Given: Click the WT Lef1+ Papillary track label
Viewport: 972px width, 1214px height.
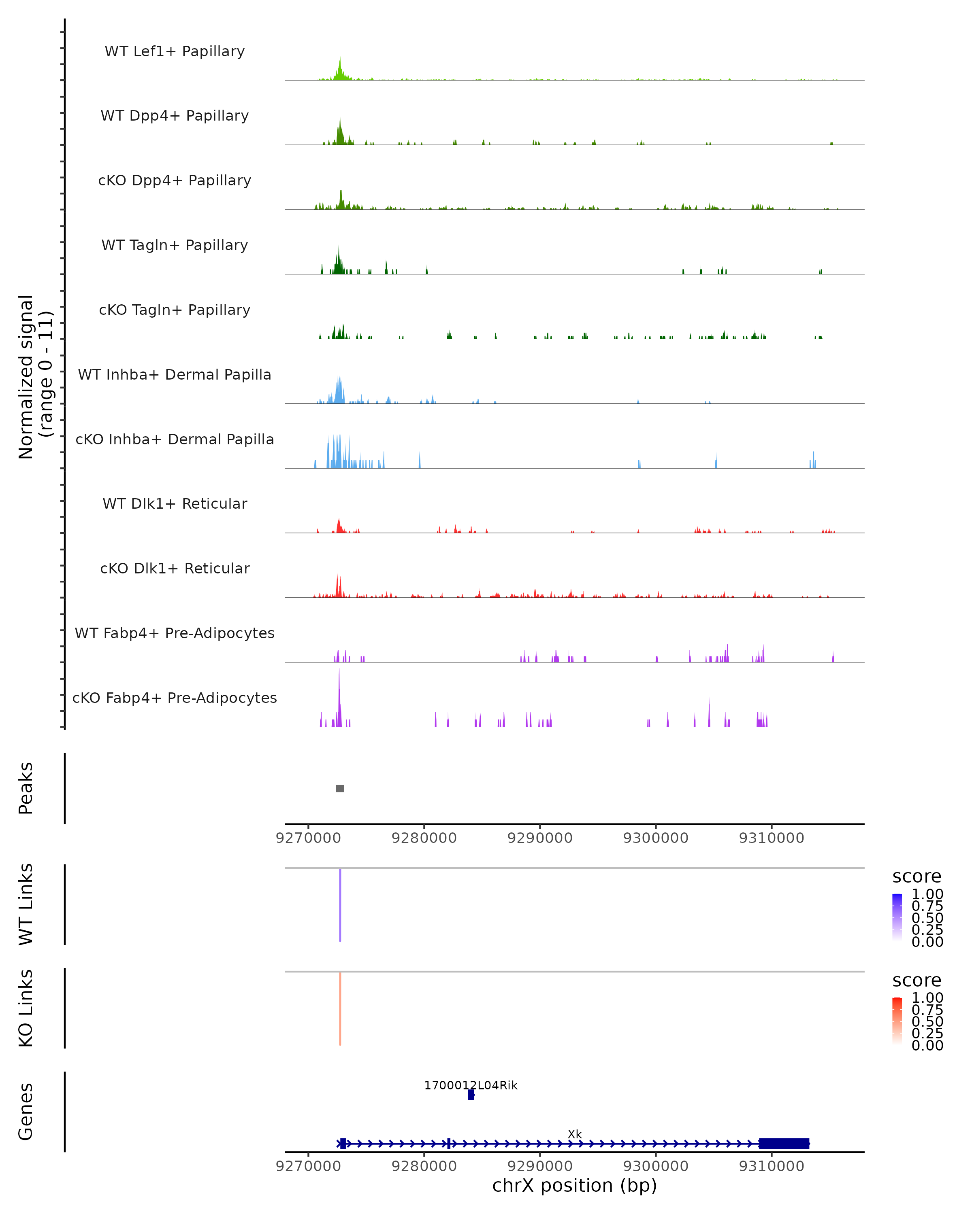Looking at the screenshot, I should [x=175, y=51].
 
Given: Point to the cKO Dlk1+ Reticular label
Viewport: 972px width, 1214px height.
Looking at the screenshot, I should [x=175, y=568].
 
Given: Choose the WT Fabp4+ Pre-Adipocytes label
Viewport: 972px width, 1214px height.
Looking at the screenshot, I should [x=175, y=633].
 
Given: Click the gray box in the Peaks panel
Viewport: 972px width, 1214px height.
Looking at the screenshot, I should [x=340, y=788].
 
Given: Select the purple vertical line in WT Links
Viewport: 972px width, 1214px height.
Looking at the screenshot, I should [x=340, y=905].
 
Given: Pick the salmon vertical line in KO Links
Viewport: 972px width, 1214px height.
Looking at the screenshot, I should [x=340, y=1008].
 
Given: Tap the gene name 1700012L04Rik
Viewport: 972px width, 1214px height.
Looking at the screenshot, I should [x=471, y=1085].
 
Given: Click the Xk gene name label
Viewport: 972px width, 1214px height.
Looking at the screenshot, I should [x=575, y=1134].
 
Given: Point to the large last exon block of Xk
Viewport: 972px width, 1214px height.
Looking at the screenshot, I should [x=784, y=1144].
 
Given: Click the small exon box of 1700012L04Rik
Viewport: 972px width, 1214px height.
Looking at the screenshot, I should [x=471, y=1095].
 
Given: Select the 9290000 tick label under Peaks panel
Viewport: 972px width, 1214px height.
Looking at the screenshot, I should [x=540, y=838].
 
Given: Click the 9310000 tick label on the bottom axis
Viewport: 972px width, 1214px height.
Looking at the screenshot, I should [x=772, y=1166].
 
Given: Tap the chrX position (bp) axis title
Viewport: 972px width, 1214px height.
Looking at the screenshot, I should [x=574, y=1185].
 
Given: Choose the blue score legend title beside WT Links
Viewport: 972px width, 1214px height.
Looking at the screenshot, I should [x=917, y=877].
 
